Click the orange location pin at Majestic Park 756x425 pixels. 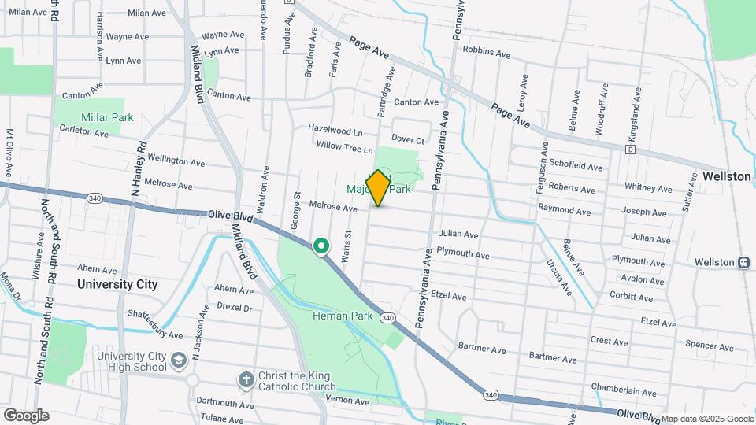pos(378,188)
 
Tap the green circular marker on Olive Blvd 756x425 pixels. pos(321,247)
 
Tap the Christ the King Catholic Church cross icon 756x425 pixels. pos(246,379)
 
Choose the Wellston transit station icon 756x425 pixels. pos(743,262)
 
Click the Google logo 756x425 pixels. pos(26,416)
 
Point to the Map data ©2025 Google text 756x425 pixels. pos(707,419)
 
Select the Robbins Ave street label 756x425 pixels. pos(487,51)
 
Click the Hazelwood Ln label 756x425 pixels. pos(335,129)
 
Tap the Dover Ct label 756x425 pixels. pos(408,140)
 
